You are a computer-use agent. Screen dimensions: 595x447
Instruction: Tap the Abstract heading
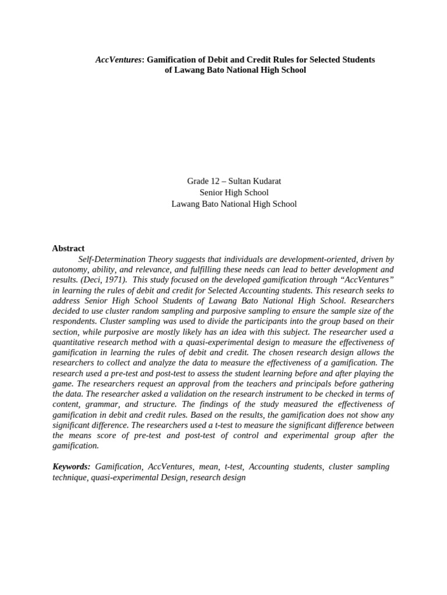tap(68, 248)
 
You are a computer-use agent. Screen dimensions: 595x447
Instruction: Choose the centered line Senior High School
tap(233, 192)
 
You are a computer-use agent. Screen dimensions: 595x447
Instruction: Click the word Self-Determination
tap(113, 259)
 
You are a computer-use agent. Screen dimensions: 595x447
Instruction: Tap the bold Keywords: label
tap(72, 467)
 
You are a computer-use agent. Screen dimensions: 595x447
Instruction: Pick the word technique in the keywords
tap(70, 477)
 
